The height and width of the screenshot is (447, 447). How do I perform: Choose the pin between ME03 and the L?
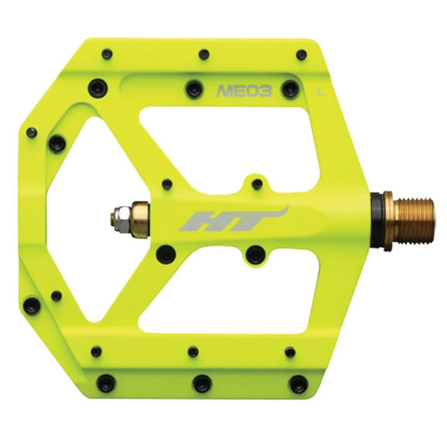pyautogui.click(x=289, y=89)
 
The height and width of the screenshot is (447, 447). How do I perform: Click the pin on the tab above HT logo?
pyautogui.click(x=256, y=184)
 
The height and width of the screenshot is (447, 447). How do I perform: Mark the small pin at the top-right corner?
pyautogui.click(x=301, y=55)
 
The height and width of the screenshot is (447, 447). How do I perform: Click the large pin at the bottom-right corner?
pyautogui.click(x=298, y=384)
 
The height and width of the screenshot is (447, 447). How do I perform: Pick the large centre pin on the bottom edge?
pyautogui.click(x=202, y=383)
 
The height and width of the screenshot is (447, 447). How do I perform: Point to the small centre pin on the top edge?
pyautogui.click(x=204, y=55)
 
